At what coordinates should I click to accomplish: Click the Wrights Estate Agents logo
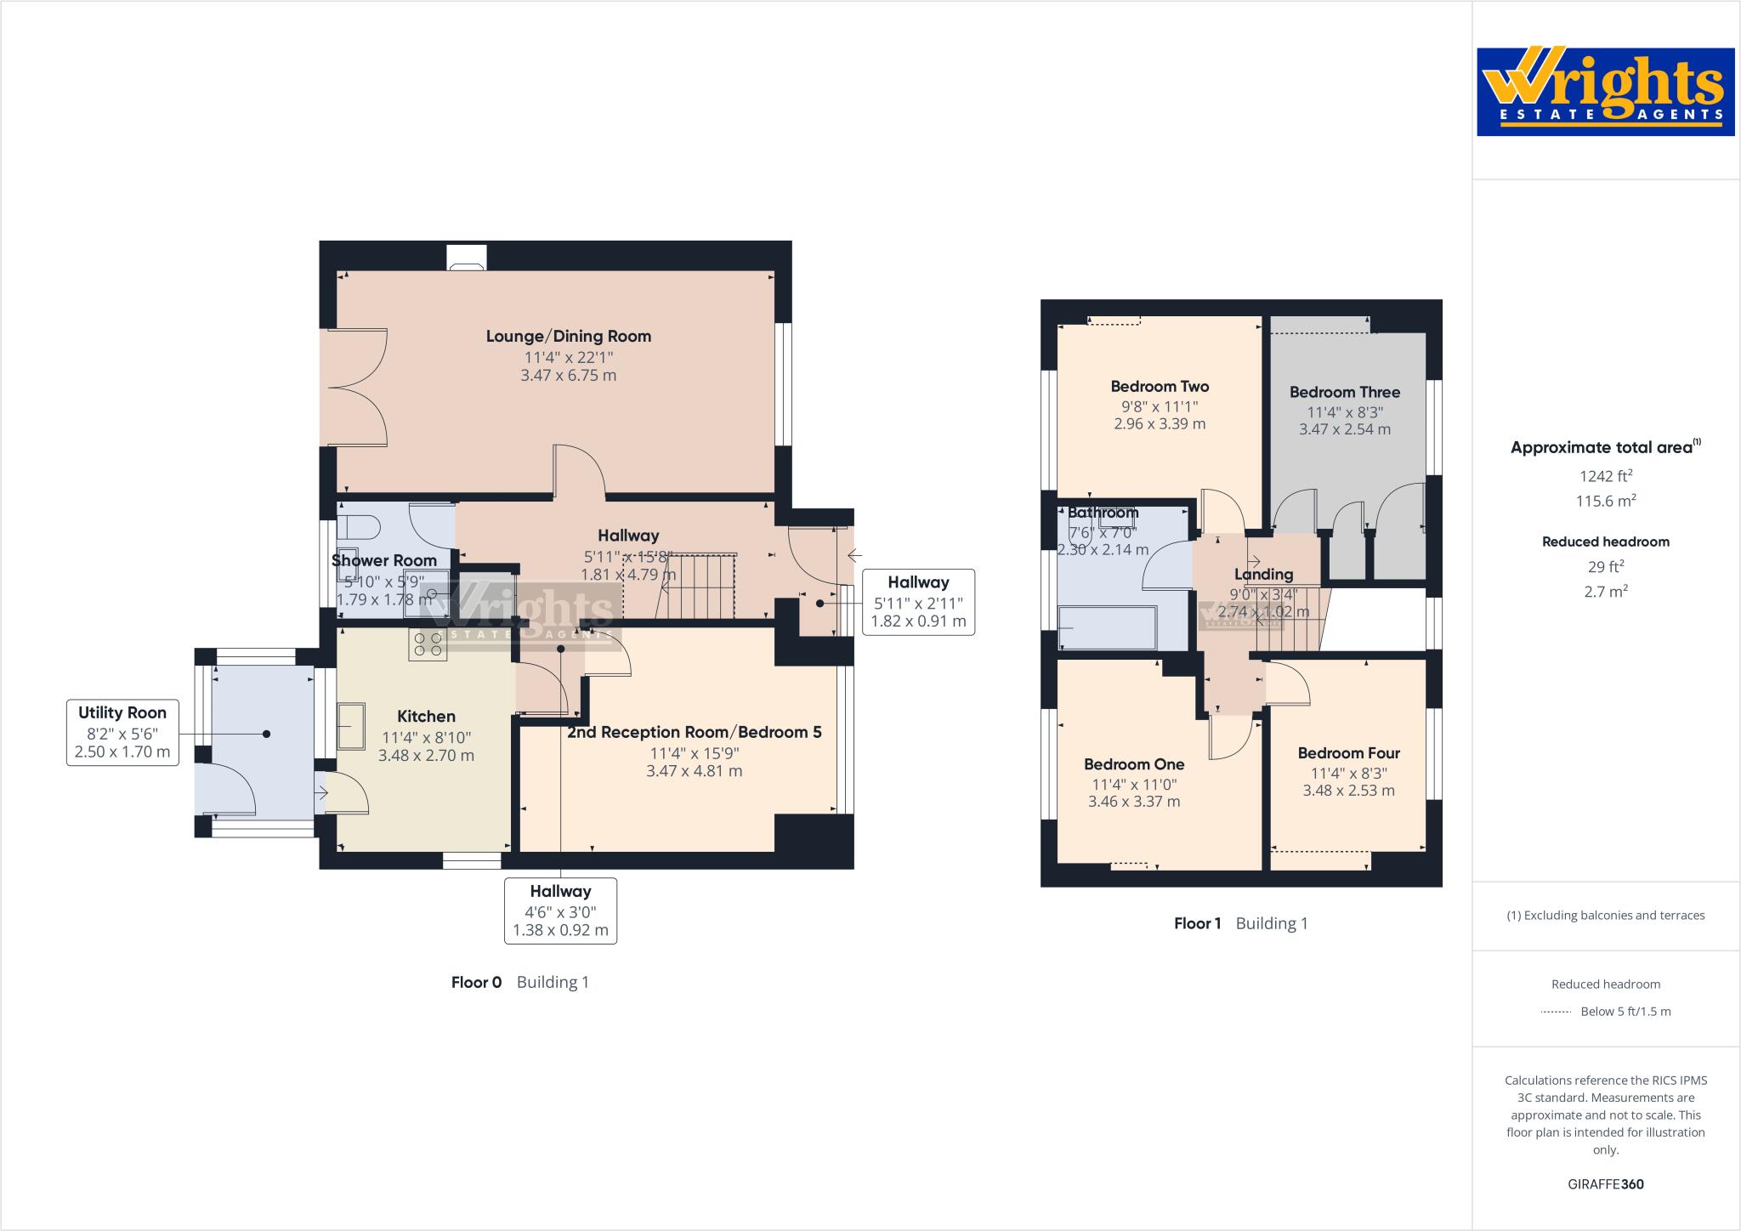pos(1605,92)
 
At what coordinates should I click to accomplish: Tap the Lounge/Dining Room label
pos(568,336)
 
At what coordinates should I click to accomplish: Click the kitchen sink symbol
pos(350,725)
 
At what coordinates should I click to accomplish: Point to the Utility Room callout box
pos(122,732)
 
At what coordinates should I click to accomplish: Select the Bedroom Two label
pos(1160,386)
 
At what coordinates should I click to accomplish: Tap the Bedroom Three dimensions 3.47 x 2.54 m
pos(1344,429)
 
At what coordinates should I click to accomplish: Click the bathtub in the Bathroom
pos(1107,628)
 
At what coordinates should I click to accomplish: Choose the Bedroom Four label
pos(1348,752)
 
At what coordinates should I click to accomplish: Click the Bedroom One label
pos(1134,763)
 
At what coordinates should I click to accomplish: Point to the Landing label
pos(1263,574)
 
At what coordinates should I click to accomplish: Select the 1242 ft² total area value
pos(1605,476)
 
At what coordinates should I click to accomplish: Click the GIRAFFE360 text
pos(1605,1184)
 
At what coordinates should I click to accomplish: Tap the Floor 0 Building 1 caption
pos(519,982)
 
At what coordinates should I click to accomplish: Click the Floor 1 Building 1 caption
pos(1240,923)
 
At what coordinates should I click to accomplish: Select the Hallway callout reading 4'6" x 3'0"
pos(560,910)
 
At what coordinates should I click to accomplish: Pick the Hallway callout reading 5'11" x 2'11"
pos(918,602)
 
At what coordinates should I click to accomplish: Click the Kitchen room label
pos(426,716)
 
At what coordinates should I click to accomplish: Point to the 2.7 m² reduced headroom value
pos(1605,591)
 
